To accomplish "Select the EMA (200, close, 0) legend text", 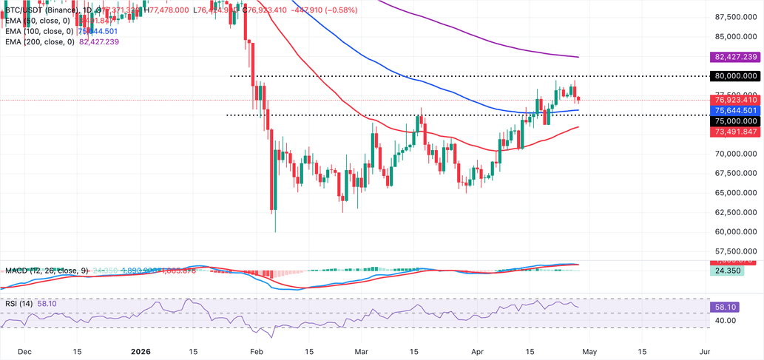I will coord(38,43).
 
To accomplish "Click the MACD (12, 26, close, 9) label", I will coord(45,271).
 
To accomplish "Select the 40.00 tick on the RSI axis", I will coord(726,321).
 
